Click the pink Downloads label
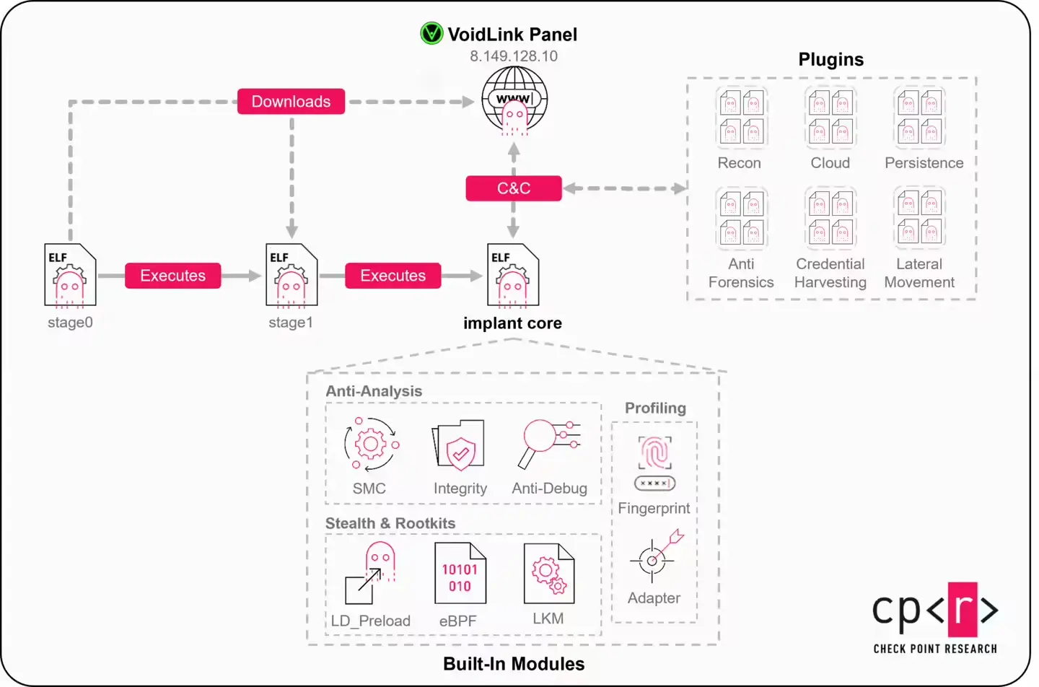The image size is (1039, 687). pos(291,102)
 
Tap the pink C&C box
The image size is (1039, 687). pos(513,188)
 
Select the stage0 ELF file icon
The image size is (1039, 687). pos(70,276)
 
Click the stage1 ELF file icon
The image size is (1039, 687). pos(291,276)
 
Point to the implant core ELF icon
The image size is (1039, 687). pos(513,276)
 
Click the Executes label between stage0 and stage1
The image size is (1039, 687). pos(172,276)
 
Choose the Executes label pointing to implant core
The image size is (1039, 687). pos(393,276)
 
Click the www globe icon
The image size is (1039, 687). pos(514,100)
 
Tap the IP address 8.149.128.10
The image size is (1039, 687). pos(513,56)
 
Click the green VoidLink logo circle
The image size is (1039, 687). pos(431,33)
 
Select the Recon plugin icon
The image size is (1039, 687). pos(741,117)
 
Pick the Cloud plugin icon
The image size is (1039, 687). pos(830,117)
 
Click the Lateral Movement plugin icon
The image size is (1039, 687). pos(919,217)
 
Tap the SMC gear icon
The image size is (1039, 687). pos(371,444)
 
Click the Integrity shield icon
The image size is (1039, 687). pos(459,445)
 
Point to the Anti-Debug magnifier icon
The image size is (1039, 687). pos(548,442)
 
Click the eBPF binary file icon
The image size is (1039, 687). pos(460,574)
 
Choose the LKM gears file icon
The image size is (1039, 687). pos(548,574)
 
